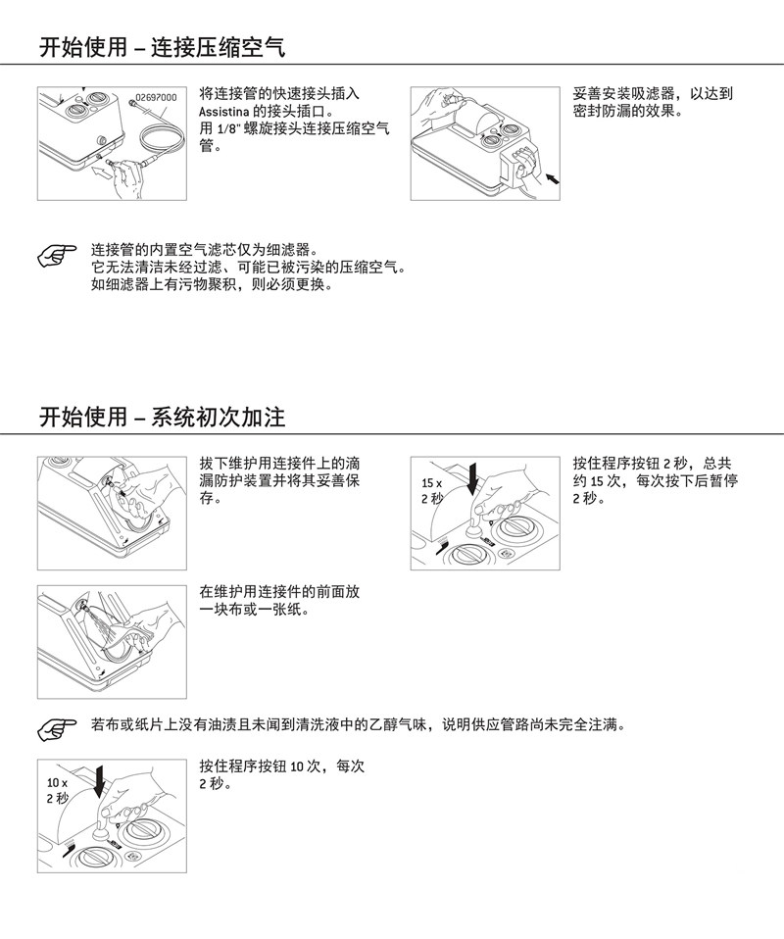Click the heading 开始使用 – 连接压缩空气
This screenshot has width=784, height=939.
[163, 47]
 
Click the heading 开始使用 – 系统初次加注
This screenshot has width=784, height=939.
[163, 417]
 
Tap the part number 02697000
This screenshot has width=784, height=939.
[156, 98]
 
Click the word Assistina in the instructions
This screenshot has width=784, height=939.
[224, 112]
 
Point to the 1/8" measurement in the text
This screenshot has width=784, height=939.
[228, 128]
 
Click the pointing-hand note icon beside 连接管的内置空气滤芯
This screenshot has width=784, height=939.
[57, 256]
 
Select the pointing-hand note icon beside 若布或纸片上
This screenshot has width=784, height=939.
[57, 730]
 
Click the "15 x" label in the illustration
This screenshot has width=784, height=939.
[432, 483]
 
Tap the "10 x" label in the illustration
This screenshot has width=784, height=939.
[58, 783]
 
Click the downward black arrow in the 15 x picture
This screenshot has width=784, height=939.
[473, 479]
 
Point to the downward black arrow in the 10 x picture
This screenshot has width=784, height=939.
[99, 781]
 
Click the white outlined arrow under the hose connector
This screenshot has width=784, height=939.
[103, 173]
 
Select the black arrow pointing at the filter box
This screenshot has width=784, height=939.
[552, 176]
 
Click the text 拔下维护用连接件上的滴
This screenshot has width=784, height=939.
[279, 464]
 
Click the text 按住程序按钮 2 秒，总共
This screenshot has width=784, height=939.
[652, 464]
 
